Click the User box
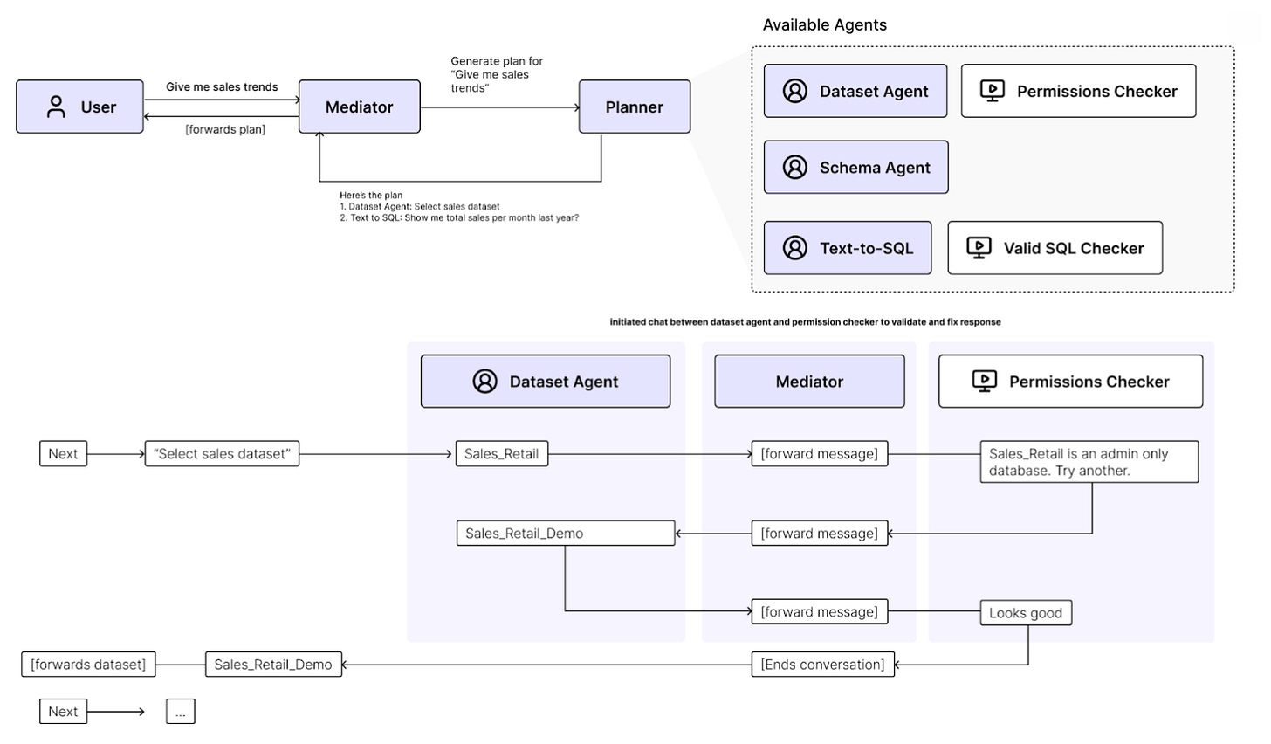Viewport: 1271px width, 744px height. (79, 107)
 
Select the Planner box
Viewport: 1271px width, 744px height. (635, 107)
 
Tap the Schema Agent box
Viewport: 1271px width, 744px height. (855, 168)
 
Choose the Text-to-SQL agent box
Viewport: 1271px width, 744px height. (848, 248)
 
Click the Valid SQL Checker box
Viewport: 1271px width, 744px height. (1055, 248)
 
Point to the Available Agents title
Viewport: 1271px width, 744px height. (824, 25)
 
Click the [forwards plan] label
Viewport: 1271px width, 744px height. (225, 129)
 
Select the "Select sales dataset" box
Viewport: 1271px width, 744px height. (222, 453)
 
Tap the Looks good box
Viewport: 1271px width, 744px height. (1026, 613)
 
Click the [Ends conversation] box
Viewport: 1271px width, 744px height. (822, 665)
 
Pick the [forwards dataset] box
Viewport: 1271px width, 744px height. (88, 665)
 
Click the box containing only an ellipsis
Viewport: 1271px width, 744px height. (181, 712)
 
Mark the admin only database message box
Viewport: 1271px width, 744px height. (1089, 462)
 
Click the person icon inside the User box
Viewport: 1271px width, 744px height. (56, 107)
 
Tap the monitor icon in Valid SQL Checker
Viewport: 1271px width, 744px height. (979, 248)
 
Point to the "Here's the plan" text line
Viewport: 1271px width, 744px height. (371, 196)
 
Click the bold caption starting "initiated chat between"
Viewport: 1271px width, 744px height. (805, 322)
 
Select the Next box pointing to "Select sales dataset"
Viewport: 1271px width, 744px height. (63, 453)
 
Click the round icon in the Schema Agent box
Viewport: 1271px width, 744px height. (795, 168)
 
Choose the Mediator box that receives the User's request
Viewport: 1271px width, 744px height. (360, 107)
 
